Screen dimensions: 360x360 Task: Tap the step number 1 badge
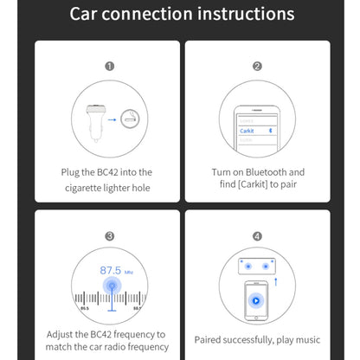tap(110, 66)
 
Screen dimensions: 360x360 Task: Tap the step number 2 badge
tap(257, 66)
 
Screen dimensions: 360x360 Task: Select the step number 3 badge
tap(110, 235)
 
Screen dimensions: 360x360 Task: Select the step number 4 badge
tap(257, 235)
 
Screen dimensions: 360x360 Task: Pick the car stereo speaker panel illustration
tap(257, 266)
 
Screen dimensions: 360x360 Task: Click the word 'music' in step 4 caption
tap(307, 341)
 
